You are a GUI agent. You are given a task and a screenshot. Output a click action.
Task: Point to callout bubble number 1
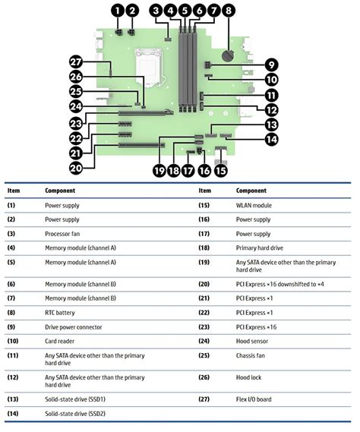point(117,11)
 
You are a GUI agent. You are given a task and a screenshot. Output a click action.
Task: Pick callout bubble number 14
point(271,139)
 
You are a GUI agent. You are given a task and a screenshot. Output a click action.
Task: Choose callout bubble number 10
point(271,79)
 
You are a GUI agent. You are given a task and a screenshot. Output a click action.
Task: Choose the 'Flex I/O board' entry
point(258,399)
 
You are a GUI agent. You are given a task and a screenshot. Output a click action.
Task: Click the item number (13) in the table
point(13,399)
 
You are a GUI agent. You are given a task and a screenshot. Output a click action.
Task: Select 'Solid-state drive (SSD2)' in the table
point(78,415)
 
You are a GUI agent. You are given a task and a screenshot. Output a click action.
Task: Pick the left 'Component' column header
point(60,191)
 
